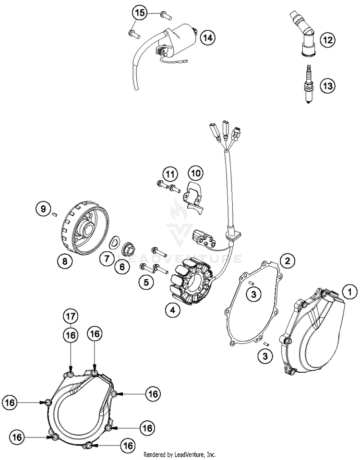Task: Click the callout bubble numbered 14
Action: [x=208, y=38]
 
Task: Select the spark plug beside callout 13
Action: [x=309, y=84]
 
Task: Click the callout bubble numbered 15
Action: [x=140, y=13]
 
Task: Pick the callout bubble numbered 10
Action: [x=196, y=173]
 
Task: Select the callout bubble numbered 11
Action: [x=170, y=174]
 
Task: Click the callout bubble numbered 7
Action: [x=106, y=259]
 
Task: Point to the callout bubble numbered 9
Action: [x=44, y=209]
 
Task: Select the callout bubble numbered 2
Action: [x=288, y=260]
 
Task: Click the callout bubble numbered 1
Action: [x=349, y=292]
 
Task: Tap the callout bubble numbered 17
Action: [x=71, y=317]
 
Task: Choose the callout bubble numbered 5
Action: [x=146, y=282]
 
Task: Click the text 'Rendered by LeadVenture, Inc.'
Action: [x=180, y=455]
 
